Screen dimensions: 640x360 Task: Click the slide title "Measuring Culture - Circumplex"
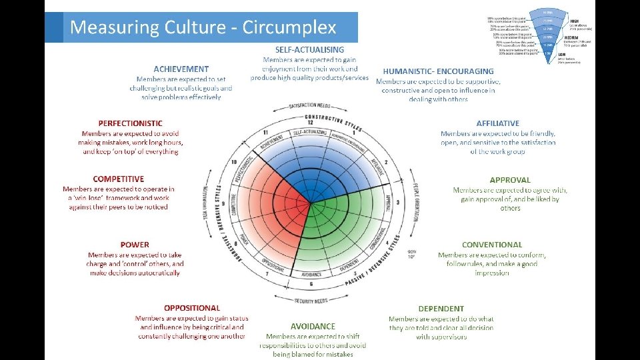pos(203,28)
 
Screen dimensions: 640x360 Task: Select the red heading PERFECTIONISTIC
pos(130,123)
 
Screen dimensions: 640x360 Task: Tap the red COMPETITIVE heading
pos(119,179)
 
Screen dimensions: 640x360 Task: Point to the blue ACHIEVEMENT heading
pos(181,69)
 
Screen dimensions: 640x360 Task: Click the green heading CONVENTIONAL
pos(492,245)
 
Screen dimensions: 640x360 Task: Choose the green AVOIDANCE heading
pos(313,326)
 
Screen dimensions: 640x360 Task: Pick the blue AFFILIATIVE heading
pos(497,123)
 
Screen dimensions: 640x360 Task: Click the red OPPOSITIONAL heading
pos(192,308)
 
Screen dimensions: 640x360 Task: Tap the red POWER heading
pos(135,245)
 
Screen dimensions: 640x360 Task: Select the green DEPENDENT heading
pos(441,309)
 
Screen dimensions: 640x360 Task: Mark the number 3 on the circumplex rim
pos(398,202)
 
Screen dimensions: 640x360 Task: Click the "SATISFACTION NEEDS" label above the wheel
pos(310,106)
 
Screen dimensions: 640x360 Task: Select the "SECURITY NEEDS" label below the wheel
pos(311,301)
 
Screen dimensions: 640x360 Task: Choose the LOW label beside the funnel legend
pos(563,54)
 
